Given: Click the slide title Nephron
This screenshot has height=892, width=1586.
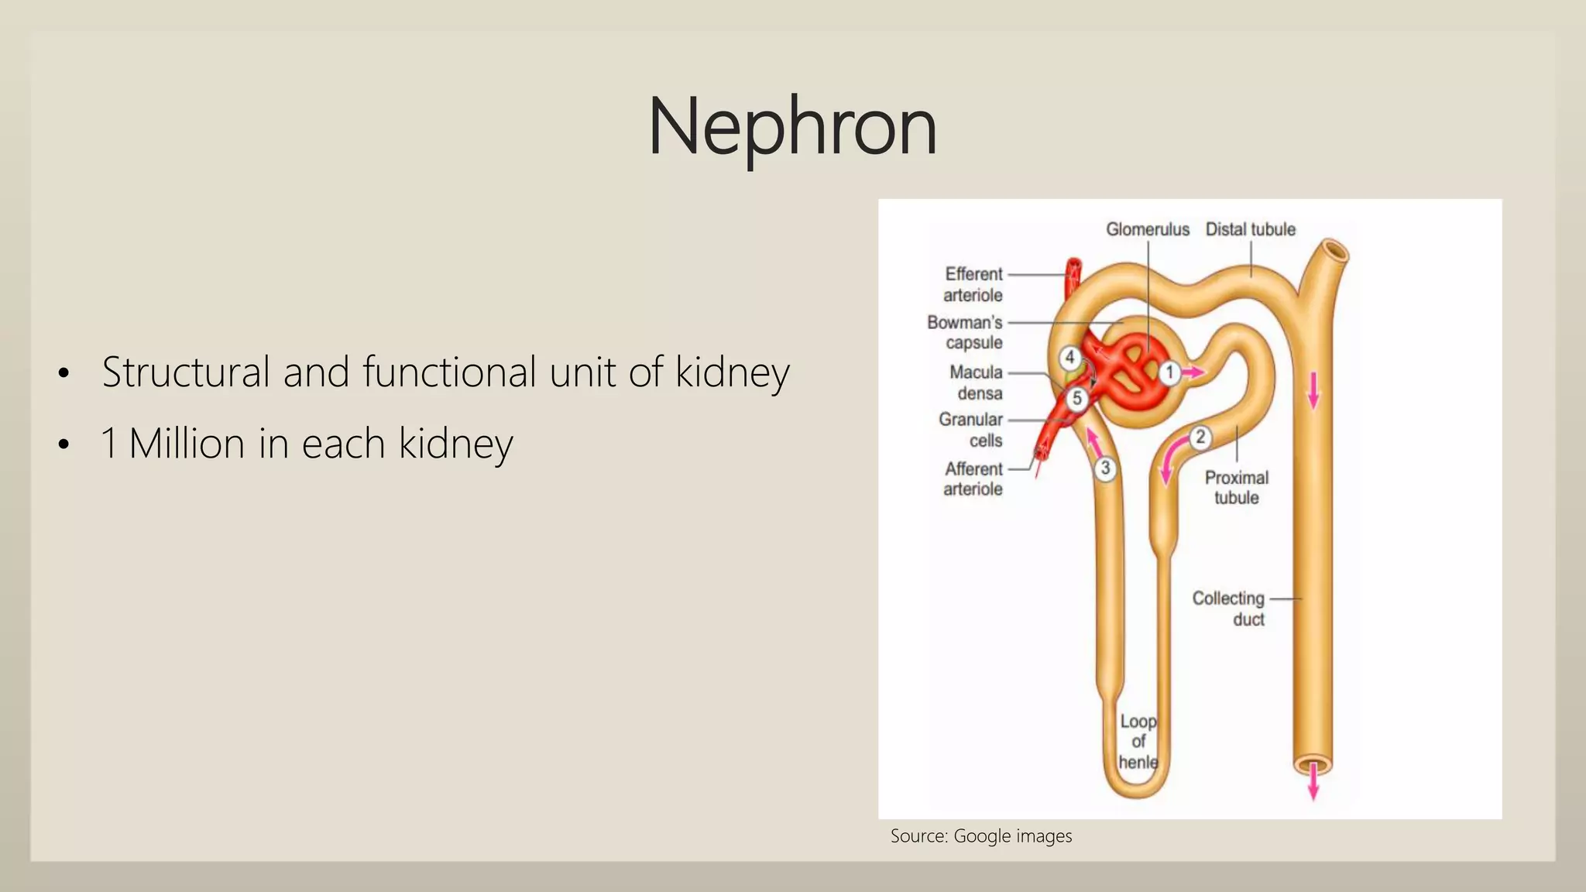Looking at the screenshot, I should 791,126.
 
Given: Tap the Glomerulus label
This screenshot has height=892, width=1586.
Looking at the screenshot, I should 1147,229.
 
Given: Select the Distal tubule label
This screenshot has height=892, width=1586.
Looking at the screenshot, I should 1250,229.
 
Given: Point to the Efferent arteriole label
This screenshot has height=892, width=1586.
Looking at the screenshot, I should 973,284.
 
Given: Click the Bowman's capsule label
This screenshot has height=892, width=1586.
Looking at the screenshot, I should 966,332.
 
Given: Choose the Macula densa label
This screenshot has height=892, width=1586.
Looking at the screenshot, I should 977,383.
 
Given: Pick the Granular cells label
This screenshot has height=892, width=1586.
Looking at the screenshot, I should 972,430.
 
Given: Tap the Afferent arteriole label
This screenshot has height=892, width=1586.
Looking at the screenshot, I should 973,479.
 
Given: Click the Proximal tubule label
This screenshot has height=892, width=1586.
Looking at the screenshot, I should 1237,487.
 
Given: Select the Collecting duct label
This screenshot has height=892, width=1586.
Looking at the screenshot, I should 1228,609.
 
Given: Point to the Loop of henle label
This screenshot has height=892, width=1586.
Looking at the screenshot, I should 1138,742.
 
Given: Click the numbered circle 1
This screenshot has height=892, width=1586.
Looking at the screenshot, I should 1169,372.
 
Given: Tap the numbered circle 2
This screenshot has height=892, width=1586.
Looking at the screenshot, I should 1200,437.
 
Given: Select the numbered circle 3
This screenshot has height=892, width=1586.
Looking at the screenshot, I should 1105,468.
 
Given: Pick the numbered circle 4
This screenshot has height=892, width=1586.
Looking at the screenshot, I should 1070,358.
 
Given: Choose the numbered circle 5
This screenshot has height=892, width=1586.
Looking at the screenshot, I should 1076,399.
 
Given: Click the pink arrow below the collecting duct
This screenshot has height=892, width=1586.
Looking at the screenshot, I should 1313,784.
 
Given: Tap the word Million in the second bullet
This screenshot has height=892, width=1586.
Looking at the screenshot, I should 187,443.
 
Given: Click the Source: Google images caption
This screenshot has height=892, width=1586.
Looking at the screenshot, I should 981,836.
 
